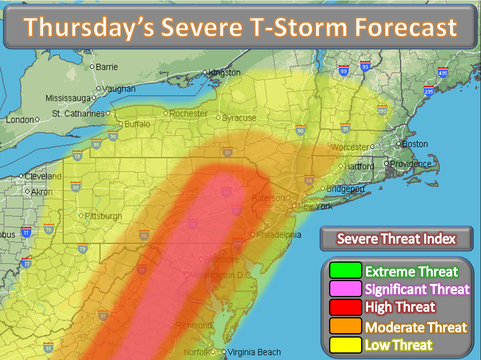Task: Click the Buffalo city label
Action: (x=137, y=124)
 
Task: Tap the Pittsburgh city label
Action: (x=103, y=216)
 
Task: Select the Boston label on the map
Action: (x=415, y=144)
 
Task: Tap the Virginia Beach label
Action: (x=254, y=352)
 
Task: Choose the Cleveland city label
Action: (x=43, y=176)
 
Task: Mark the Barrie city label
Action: (x=107, y=67)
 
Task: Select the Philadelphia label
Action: (x=278, y=235)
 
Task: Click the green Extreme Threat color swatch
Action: (x=346, y=270)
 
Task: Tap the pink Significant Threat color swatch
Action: (x=346, y=289)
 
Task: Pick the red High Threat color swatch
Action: (x=346, y=308)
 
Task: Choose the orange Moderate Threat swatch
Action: (x=346, y=326)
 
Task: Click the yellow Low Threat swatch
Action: (x=346, y=345)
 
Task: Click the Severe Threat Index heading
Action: (x=396, y=239)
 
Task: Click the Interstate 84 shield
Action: (x=309, y=179)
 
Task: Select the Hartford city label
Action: (x=359, y=166)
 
